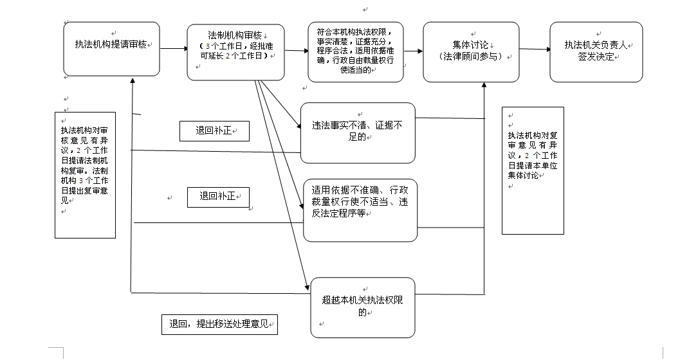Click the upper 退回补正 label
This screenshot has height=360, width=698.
coord(214,131)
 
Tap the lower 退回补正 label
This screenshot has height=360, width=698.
coord(218,197)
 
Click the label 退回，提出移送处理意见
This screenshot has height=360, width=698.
coord(219,325)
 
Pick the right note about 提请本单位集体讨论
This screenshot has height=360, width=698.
coord(533,170)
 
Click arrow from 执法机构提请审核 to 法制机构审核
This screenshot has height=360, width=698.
coord(173,48)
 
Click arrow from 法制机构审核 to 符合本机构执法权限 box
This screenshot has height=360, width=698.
coord(296,50)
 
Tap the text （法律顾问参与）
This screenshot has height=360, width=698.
coord(470,57)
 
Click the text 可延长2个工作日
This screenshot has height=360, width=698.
coord(235,57)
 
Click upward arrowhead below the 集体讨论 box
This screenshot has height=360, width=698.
coord(484,87)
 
